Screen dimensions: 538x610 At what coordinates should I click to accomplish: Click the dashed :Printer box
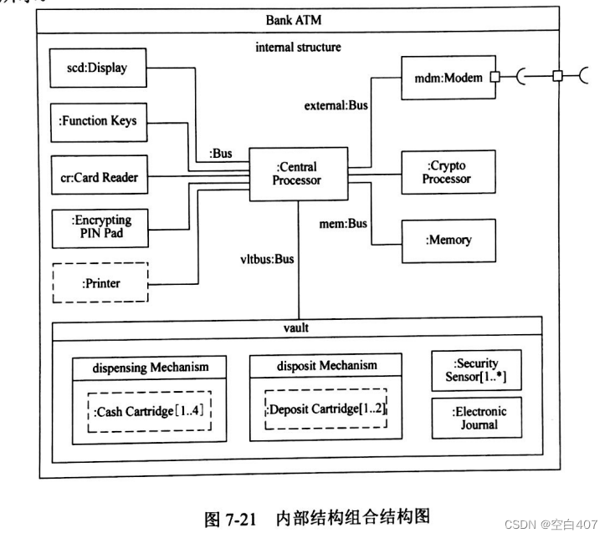point(100,283)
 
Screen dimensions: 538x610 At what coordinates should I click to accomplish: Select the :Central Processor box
point(297,174)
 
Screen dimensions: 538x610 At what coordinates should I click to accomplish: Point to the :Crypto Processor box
point(448,173)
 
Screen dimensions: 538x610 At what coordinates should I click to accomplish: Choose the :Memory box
point(448,240)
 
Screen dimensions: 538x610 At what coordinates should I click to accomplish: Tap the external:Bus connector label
point(335,105)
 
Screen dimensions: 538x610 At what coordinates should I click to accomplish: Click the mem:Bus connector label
point(343,223)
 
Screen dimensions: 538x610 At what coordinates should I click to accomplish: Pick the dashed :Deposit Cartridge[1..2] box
point(326,409)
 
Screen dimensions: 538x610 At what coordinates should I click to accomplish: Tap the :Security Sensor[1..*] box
point(475,371)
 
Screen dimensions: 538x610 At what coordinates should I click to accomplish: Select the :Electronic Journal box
point(475,418)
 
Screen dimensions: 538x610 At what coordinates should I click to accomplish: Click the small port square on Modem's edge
point(495,78)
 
